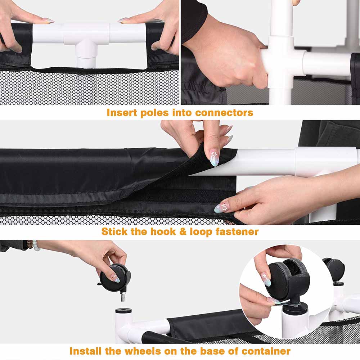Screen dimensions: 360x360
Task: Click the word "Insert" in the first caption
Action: coord(122,112)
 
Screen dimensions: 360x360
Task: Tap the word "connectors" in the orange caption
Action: coord(224,112)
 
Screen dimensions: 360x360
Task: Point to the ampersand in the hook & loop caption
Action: coord(183,231)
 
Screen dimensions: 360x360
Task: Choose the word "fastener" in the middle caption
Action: coord(237,231)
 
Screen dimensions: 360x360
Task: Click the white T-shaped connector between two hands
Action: coord(86,41)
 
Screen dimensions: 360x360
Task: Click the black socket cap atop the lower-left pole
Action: coord(123,311)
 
